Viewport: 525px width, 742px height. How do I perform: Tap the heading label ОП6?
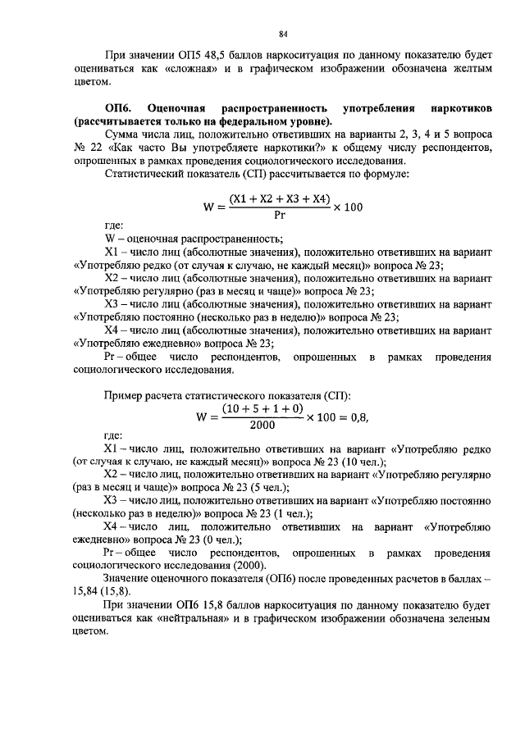(x=119, y=108)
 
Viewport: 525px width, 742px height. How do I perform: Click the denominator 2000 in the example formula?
(x=262, y=425)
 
